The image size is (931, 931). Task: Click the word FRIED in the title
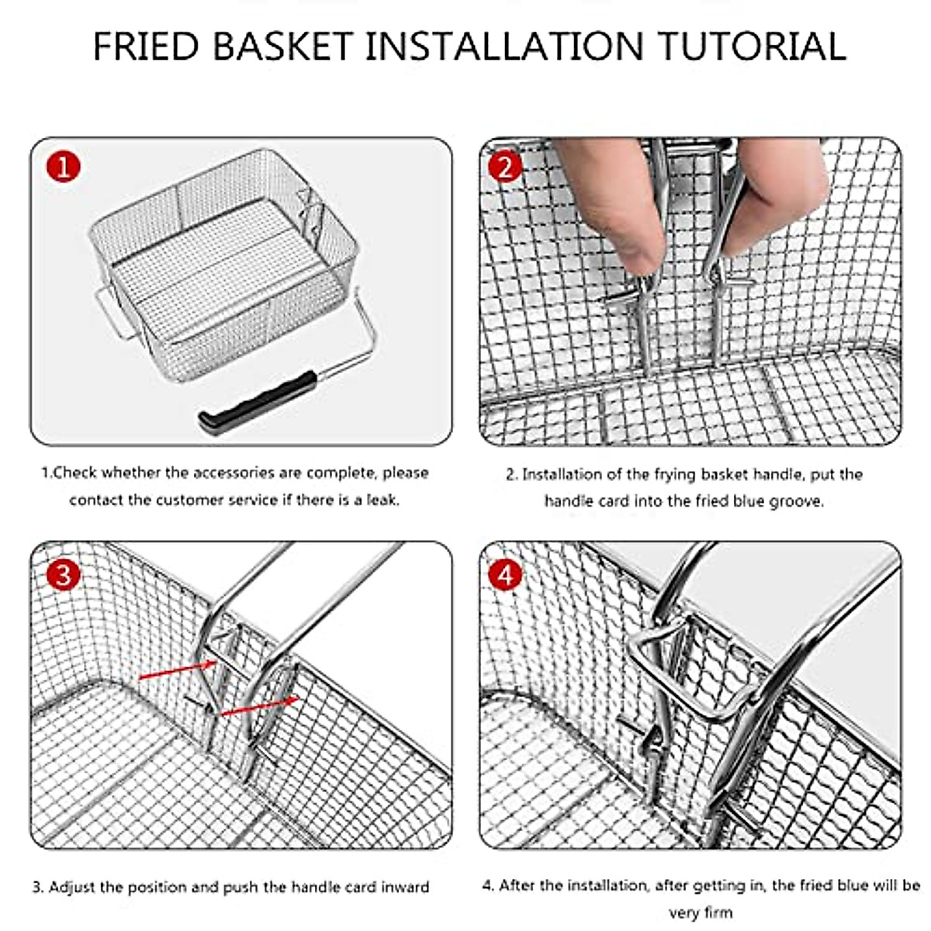pos(146,46)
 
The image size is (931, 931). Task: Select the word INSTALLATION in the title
pos(504,46)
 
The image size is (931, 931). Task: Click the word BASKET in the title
pos(282,46)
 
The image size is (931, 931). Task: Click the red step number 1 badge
pos(64,167)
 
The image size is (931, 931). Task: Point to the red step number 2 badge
pos(505,167)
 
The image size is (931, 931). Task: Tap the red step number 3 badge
pos(64,575)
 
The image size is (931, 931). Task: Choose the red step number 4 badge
pos(505,575)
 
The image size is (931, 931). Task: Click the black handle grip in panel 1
pos(258,402)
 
